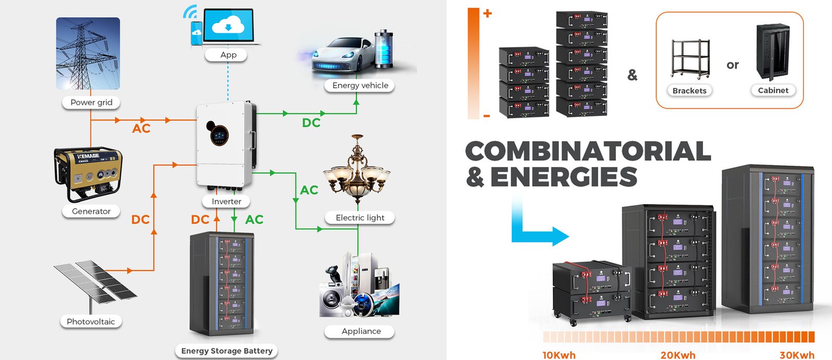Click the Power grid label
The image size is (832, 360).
[91, 102]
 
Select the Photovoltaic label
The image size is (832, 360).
[91, 322]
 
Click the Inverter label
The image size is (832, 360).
[226, 201]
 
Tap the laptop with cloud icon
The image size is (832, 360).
[228, 26]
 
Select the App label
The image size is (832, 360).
[228, 55]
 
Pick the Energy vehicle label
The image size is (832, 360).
[360, 85]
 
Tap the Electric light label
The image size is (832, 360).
[360, 217]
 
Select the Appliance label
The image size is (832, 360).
[361, 331]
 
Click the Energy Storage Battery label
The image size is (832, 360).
[227, 351]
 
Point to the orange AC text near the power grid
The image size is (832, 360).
[141, 128]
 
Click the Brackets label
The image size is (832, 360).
[690, 91]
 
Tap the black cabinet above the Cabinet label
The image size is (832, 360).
[773, 52]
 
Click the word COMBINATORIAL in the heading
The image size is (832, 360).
[588, 151]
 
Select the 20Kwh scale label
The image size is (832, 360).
[678, 355]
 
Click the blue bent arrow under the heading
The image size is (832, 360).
[536, 229]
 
